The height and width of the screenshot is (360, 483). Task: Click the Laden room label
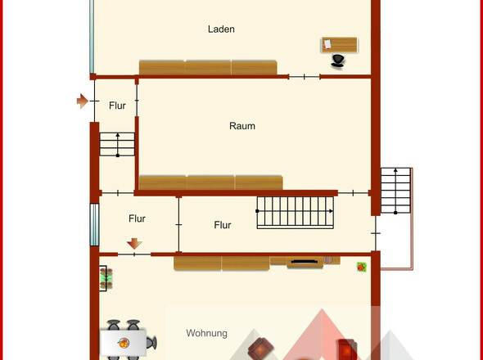[221, 29]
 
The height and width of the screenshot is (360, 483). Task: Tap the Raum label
[242, 126]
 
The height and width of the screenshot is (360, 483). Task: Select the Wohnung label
[206, 333]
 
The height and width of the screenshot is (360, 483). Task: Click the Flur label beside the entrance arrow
[117, 106]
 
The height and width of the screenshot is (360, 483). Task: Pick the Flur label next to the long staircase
[223, 225]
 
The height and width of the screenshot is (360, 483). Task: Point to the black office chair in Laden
[337, 61]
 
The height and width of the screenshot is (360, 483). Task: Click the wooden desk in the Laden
[340, 45]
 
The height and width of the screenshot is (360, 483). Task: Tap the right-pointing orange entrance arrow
[82, 101]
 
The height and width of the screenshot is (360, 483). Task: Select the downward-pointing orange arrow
[134, 244]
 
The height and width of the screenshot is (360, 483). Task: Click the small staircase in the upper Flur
[117, 144]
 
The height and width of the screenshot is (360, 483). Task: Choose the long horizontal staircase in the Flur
[295, 213]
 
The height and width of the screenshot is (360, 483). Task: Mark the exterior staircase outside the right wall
[396, 191]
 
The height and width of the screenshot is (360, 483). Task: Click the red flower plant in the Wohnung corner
[362, 267]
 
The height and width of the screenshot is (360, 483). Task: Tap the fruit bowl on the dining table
[124, 343]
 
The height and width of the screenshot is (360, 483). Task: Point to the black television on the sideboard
[305, 262]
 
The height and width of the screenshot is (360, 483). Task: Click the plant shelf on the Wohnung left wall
[106, 278]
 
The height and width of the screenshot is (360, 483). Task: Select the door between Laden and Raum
[305, 77]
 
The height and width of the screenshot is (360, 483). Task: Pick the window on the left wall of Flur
[95, 225]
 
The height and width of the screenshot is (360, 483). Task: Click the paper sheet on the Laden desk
[327, 44]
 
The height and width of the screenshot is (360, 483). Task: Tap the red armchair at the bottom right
[347, 349]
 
